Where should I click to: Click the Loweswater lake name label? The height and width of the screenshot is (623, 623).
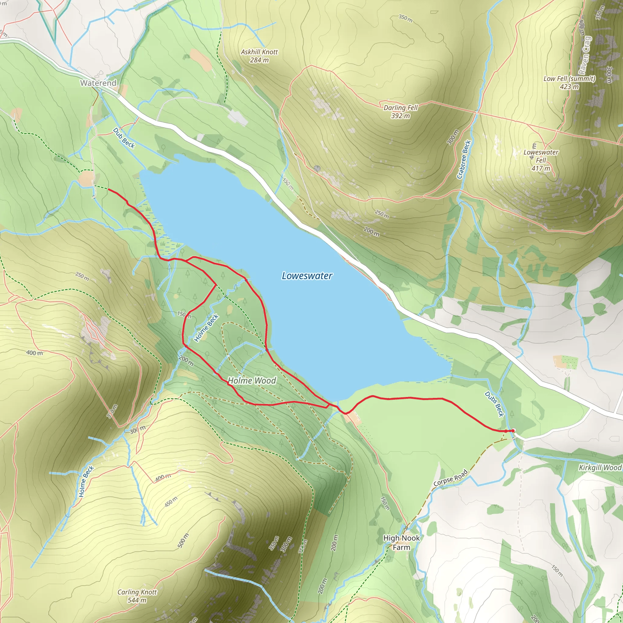pyautogui.click(x=307, y=276)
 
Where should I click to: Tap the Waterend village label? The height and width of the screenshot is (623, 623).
pyautogui.click(x=98, y=83)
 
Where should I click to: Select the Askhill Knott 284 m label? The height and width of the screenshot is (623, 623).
pyautogui.click(x=259, y=56)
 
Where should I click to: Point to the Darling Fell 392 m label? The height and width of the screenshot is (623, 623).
pyautogui.click(x=400, y=112)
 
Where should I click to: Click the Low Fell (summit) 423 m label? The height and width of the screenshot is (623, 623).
pyautogui.click(x=569, y=82)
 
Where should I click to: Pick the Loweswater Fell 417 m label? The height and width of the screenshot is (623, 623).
pyautogui.click(x=541, y=160)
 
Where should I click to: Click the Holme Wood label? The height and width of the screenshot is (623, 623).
pyautogui.click(x=252, y=381)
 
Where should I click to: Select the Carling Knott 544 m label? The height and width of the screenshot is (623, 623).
pyautogui.click(x=137, y=596)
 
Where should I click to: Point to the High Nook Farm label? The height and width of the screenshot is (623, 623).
pyautogui.click(x=401, y=542)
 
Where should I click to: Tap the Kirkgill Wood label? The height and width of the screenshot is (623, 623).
pyautogui.click(x=600, y=468)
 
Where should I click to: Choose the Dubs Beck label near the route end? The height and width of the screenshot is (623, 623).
pyautogui.click(x=494, y=404)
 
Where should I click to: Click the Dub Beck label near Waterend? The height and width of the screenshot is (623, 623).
pyautogui.click(x=124, y=138)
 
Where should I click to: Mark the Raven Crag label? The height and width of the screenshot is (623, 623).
pyautogui.click(x=585, y=55)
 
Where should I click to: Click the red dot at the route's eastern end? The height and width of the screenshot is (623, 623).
pyautogui.click(x=513, y=431)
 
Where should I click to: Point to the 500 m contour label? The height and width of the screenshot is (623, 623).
pyautogui.click(x=183, y=541)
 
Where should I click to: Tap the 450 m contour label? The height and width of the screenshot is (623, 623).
pyautogui.click(x=171, y=502)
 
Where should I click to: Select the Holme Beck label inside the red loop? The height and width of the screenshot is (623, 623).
pyautogui.click(x=206, y=328)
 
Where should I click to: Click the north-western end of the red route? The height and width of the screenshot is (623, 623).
pyautogui.click(x=108, y=190)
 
